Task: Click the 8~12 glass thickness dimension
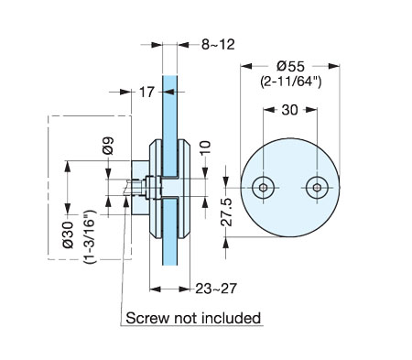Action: click(x=218, y=45)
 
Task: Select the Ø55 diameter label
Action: click(x=290, y=66)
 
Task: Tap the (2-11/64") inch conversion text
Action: click(x=290, y=82)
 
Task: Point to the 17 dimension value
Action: click(x=146, y=92)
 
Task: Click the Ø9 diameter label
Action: click(x=109, y=146)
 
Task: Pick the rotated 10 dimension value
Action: click(x=205, y=147)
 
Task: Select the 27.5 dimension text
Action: click(x=226, y=212)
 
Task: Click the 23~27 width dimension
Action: click(x=216, y=289)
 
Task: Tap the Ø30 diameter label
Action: click(x=68, y=235)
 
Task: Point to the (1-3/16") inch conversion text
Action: click(x=90, y=236)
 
